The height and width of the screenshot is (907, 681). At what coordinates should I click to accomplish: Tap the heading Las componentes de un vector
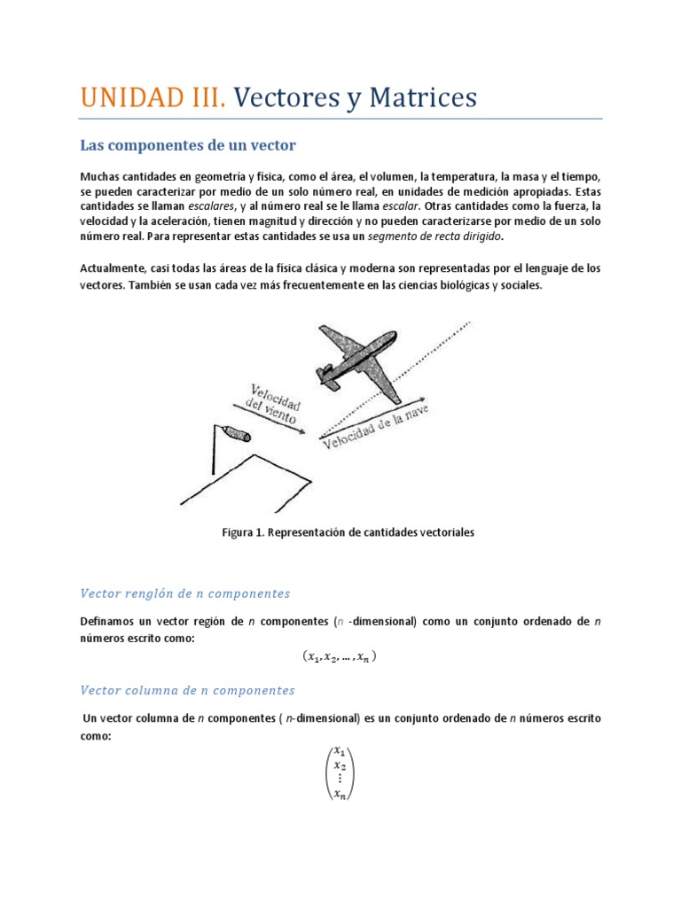(x=188, y=144)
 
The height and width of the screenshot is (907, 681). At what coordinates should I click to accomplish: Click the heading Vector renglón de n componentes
(x=184, y=593)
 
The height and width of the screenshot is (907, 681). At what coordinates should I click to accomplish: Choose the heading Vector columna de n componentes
(x=187, y=689)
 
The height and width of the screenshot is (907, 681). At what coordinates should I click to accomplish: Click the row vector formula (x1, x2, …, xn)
(x=340, y=656)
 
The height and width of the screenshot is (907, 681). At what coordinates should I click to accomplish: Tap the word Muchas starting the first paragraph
(x=98, y=177)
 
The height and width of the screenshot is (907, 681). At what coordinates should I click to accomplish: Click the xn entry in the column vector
(x=340, y=795)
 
